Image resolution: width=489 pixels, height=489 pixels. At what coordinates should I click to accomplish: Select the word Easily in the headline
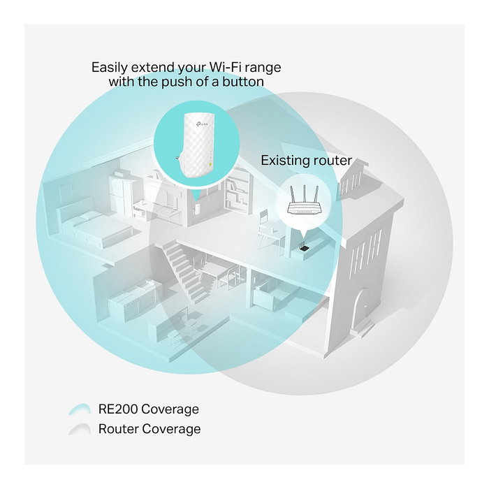[110, 68]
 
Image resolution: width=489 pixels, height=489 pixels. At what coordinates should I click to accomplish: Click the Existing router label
[306, 161]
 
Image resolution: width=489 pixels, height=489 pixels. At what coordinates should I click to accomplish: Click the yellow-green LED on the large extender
[210, 163]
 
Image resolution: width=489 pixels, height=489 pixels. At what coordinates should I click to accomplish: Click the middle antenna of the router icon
[305, 195]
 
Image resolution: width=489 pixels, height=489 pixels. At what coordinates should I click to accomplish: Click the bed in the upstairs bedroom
[94, 225]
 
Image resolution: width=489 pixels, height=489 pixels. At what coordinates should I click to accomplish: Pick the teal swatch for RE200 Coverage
[80, 409]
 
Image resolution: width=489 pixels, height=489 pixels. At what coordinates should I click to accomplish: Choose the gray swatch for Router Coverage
[80, 429]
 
